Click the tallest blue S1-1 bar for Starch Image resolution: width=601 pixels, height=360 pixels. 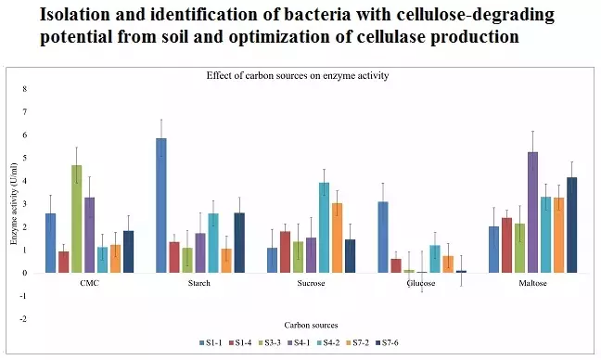160,205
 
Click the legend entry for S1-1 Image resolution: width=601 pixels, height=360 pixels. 211,342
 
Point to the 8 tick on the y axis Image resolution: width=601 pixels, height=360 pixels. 25,89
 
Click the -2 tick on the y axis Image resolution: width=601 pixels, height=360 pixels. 24,318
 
